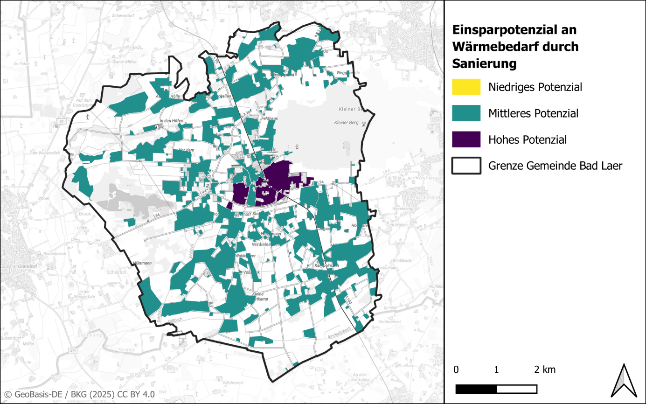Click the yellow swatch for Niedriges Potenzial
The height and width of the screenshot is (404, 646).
point(466,87)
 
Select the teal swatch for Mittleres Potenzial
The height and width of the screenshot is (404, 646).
point(466,113)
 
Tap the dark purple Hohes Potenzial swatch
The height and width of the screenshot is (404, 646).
point(466,139)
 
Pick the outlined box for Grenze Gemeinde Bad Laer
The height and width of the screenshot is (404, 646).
point(466,166)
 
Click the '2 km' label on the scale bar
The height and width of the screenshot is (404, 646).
point(545,370)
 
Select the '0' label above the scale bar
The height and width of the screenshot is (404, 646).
point(456,370)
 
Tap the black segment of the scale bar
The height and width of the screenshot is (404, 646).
point(476,389)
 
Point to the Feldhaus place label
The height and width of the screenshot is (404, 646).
point(270,118)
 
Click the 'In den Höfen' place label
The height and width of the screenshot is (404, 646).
point(171,121)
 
